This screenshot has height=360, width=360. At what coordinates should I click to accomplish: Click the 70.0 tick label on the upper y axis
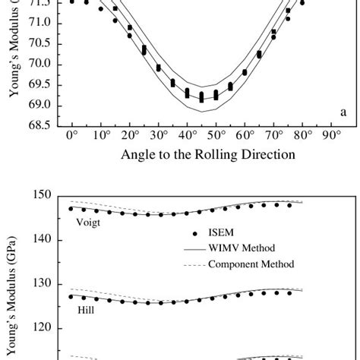point(41,64)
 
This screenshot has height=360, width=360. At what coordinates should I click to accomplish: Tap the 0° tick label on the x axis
point(71,136)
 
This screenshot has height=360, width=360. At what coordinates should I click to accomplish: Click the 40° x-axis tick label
point(187,136)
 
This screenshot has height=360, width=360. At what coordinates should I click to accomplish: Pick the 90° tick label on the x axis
point(332,136)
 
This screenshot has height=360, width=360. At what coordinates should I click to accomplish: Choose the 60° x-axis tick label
point(245,136)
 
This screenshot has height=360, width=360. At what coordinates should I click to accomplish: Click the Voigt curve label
point(88,223)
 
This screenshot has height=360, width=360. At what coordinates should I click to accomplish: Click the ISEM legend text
point(222,233)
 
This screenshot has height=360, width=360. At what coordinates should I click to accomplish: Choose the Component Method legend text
point(251,264)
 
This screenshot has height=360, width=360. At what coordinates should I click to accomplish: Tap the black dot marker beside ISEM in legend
point(195,233)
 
